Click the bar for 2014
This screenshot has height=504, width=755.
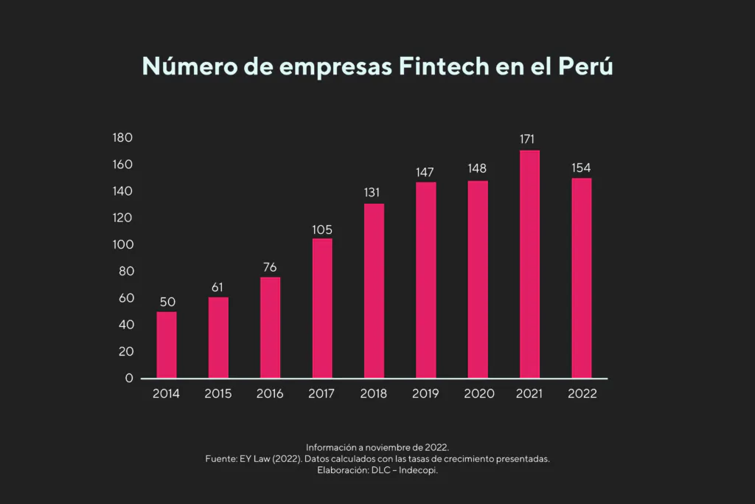click(167, 345)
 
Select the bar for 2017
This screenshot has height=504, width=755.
click(322, 308)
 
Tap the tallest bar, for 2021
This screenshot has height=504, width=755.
click(529, 264)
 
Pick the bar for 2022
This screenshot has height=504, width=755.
click(581, 278)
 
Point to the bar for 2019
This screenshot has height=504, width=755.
click(425, 280)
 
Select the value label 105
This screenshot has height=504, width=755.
click(322, 229)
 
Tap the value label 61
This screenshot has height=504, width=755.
click(218, 287)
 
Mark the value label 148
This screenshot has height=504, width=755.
click(477, 169)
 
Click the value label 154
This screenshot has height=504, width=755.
click(581, 168)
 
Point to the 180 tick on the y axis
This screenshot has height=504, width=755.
click(122, 138)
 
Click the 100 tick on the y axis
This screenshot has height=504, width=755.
click(122, 244)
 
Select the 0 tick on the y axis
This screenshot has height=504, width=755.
click(129, 378)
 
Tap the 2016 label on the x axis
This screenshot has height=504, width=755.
click(270, 393)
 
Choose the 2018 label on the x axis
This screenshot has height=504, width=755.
click(374, 393)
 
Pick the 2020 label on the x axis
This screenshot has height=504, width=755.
click(479, 393)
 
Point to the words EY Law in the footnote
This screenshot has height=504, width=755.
click(257, 459)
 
